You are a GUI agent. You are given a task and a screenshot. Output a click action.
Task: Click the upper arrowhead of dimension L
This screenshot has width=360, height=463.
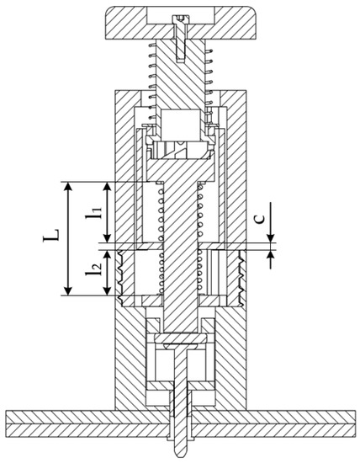coord(67,184)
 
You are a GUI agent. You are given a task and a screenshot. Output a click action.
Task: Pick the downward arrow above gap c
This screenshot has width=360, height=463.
coord(269,239)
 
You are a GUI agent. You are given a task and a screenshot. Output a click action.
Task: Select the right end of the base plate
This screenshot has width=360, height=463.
coord(353,418)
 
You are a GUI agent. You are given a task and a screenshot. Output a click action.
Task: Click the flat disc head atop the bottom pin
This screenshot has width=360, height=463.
coord(182,341)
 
